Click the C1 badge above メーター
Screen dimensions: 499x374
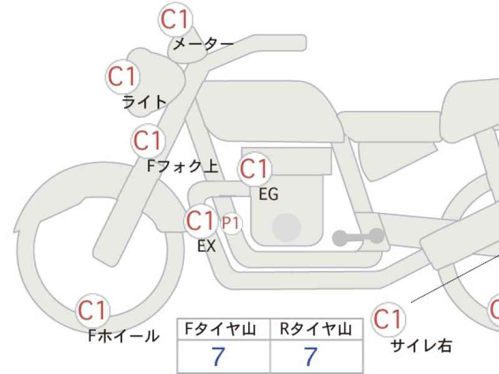(175, 19)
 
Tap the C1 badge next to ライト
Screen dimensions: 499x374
(123, 77)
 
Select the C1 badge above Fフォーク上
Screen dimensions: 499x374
(148, 141)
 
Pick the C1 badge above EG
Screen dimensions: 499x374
(254, 169)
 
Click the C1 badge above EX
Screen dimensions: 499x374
(201, 221)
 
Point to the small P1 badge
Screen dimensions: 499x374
(231, 224)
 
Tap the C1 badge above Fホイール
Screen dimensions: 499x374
(92, 310)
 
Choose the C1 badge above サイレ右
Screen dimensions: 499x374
(389, 319)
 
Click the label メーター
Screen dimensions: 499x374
(203, 44)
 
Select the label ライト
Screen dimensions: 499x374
(145, 102)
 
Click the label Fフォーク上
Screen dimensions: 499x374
(183, 166)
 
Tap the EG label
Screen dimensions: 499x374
(269, 194)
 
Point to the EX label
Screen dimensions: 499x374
(206, 246)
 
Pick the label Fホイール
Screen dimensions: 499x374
(124, 335)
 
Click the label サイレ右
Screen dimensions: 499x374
(421, 346)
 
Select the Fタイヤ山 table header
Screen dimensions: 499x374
(221, 329)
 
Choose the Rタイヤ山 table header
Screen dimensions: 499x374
(316, 329)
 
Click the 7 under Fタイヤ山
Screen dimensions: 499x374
(218, 356)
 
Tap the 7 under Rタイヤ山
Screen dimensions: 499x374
(311, 356)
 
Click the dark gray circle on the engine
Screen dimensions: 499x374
(287, 227)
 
